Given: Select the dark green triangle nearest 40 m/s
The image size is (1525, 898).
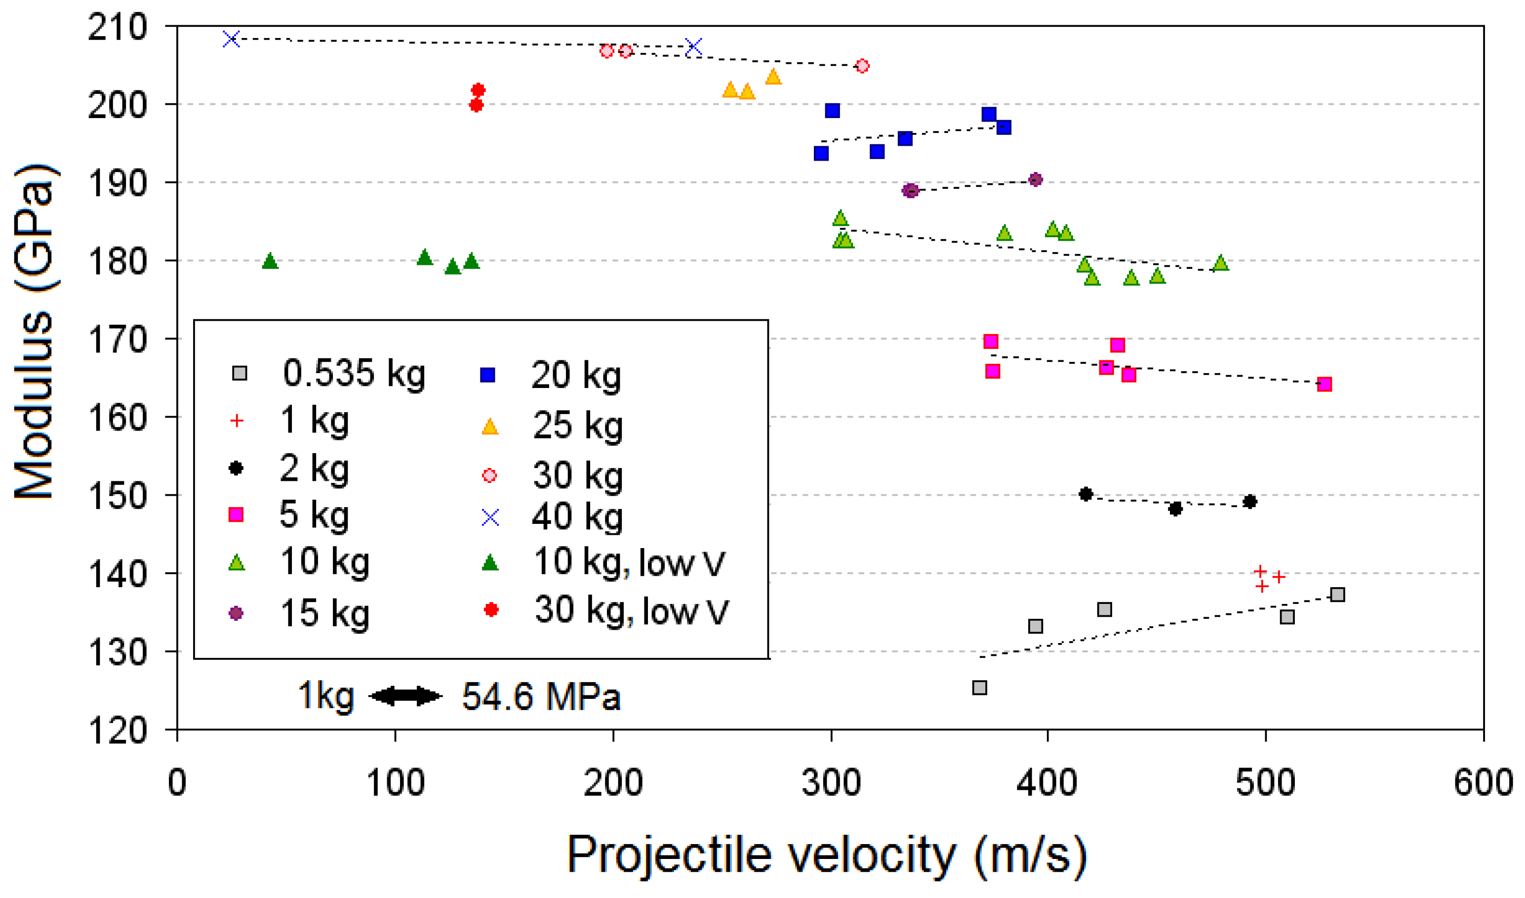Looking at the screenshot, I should (270, 261).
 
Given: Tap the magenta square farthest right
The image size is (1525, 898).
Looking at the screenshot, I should (1324, 384).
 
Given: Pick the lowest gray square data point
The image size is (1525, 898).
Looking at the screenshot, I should (979, 687).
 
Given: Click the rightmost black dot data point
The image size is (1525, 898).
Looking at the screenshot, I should (1249, 501).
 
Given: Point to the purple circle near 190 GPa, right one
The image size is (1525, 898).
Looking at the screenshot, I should (1036, 179).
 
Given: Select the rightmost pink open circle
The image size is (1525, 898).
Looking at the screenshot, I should (862, 65).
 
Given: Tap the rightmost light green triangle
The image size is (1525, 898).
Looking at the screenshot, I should (1221, 263).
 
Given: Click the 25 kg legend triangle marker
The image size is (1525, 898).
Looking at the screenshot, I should (489, 427).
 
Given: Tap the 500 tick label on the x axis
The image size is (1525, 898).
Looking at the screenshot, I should (1265, 782).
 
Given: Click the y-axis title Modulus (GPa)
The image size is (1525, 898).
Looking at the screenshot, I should (35, 331).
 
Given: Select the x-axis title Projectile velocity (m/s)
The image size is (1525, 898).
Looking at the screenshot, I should (827, 855).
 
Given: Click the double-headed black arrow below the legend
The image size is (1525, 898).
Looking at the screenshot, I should (405, 696).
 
